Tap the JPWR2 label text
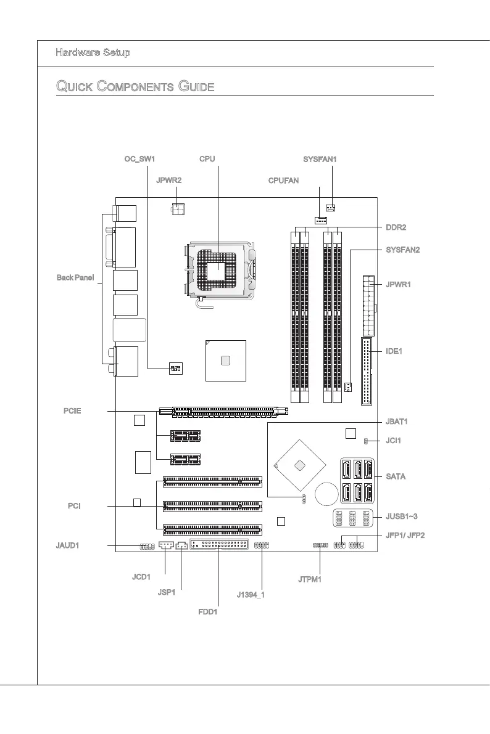coord(168,181)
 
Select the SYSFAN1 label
coord(320,159)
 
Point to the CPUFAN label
coord(283,181)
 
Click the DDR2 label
coord(395,227)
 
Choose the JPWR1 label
coord(398,285)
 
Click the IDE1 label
coord(394,351)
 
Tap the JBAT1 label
coord(397,422)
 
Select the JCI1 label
coord(394,441)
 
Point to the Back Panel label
coord(74,278)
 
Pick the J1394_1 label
coord(251,596)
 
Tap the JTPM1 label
coord(310,579)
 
